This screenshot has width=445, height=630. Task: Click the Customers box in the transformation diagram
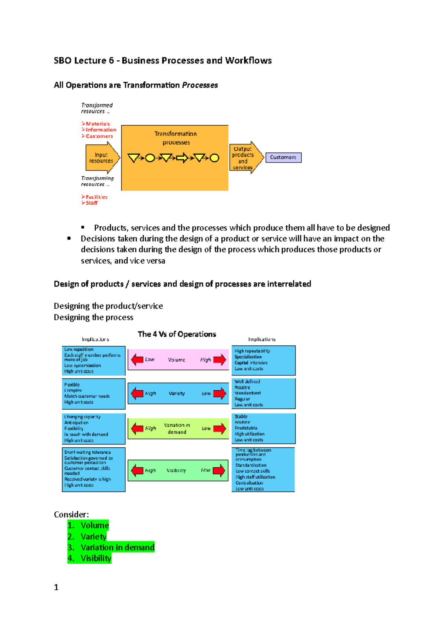(283, 157)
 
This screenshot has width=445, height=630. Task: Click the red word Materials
(98, 124)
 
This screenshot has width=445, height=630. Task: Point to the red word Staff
(92, 203)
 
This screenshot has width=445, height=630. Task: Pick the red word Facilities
(96, 197)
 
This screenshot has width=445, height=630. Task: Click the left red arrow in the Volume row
(137, 359)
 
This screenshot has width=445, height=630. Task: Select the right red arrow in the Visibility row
(219, 470)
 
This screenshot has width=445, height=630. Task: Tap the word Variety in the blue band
(177, 393)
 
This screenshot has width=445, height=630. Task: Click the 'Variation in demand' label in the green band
(177, 429)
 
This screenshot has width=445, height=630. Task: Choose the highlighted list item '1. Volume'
(88, 525)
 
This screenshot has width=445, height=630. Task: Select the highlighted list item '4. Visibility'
(89, 558)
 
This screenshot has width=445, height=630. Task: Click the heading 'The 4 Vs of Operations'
(177, 334)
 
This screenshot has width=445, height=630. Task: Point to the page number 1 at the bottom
(56, 587)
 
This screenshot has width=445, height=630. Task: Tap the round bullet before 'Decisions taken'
(69, 239)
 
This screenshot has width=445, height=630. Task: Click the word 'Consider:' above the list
(71, 515)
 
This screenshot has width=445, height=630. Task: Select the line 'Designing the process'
(93, 317)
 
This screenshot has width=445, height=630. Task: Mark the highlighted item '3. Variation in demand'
(111, 548)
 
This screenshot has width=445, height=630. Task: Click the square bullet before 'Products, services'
(83, 227)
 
